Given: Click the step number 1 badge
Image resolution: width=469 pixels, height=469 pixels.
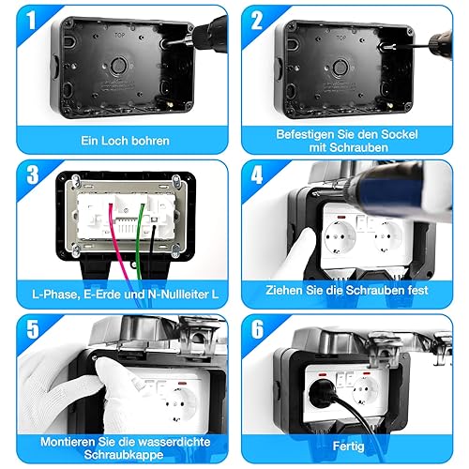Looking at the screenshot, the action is [x=31, y=21].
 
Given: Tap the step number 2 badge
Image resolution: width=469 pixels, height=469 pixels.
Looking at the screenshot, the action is [x=257, y=21].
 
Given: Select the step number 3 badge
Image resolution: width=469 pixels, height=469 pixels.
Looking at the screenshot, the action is [x=32, y=174].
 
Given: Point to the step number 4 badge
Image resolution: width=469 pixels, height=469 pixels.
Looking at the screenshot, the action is [x=257, y=174].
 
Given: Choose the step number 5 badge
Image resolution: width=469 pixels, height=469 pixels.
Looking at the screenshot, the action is [x=33, y=329].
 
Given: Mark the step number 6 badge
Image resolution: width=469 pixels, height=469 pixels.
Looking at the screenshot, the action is [x=257, y=329].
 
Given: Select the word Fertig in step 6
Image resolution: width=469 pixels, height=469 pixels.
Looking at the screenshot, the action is [x=348, y=446].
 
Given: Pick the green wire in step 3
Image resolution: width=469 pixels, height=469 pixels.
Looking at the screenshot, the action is [x=140, y=241].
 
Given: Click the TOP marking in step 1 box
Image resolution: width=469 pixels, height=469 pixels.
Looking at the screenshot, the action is [x=119, y=35].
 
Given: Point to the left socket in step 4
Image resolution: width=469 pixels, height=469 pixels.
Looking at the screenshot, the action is [x=340, y=237].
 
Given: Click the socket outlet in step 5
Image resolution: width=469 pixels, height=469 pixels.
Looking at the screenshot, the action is [x=178, y=405].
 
